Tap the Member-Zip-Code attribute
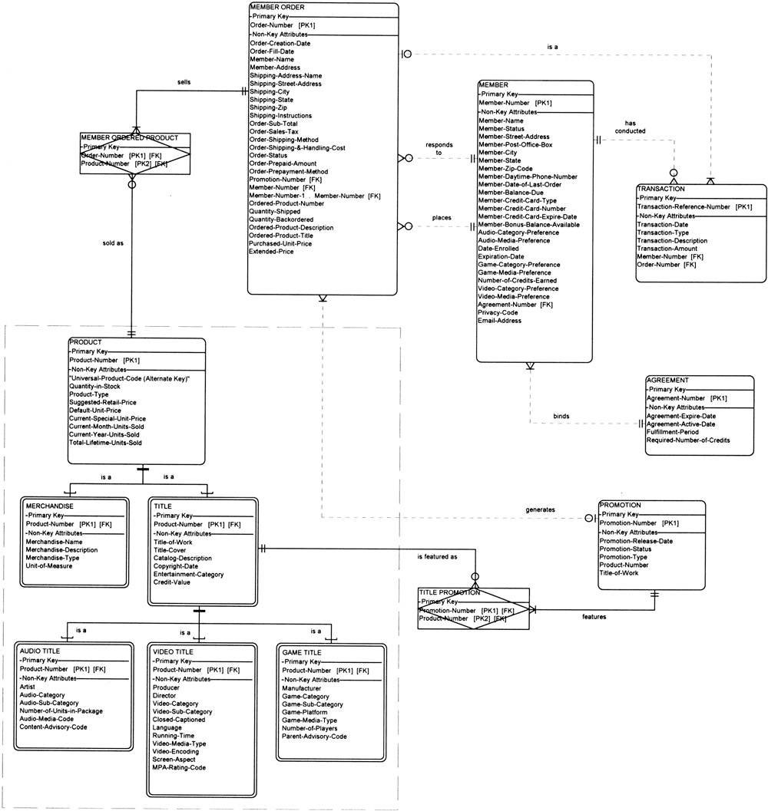click(505, 169)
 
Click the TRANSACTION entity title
click(660, 189)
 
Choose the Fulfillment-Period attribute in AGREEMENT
click(672, 432)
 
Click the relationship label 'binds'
click(561, 417)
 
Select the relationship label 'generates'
click(541, 509)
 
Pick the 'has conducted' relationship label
click(630, 127)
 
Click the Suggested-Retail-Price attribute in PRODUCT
click(103, 402)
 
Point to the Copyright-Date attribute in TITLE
click(177, 566)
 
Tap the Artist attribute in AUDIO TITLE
click(28, 687)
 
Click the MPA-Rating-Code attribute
click(179, 767)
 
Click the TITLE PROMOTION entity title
click(450, 593)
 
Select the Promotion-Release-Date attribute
click(636, 540)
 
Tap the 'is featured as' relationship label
click(437, 556)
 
